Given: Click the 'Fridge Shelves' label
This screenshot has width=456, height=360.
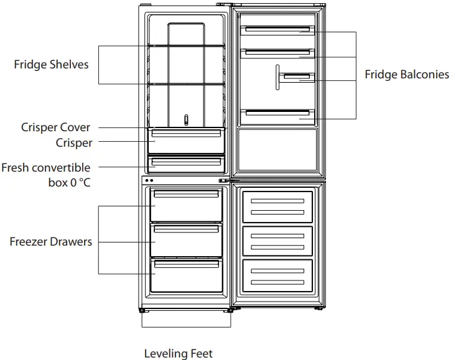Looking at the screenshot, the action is point(51,65).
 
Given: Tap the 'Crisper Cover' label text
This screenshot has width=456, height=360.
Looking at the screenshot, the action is point(55,127).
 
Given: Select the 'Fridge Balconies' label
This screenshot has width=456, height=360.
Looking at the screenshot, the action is point(406,75).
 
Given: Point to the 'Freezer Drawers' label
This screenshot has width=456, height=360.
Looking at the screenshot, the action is point(50,241).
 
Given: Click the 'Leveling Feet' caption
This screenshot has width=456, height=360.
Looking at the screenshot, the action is point(178,354).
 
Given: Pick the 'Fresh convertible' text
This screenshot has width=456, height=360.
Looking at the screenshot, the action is point(45,168).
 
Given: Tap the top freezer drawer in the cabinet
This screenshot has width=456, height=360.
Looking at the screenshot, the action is point(186,206).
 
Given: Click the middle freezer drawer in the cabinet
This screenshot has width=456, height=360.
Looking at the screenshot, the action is point(186,240).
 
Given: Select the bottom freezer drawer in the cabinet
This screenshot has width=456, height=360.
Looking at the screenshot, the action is point(186,276).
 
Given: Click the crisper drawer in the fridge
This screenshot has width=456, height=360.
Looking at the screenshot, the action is point(186,142).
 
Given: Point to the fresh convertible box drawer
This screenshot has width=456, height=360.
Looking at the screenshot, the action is point(186,165).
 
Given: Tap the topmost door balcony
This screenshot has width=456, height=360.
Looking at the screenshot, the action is point(277,30).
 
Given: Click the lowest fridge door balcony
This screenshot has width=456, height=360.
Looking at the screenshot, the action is point(277,114).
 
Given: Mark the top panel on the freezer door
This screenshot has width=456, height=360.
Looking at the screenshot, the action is point(277,206).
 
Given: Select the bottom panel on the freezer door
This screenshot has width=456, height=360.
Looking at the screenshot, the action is point(277,275).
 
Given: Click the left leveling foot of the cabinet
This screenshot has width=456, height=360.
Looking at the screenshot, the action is point(144,310).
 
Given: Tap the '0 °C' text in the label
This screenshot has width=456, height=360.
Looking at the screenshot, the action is point(77,183).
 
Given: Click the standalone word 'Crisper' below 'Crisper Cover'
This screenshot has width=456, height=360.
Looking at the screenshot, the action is point(74,143).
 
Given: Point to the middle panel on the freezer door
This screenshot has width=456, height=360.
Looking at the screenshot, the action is point(277,241).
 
